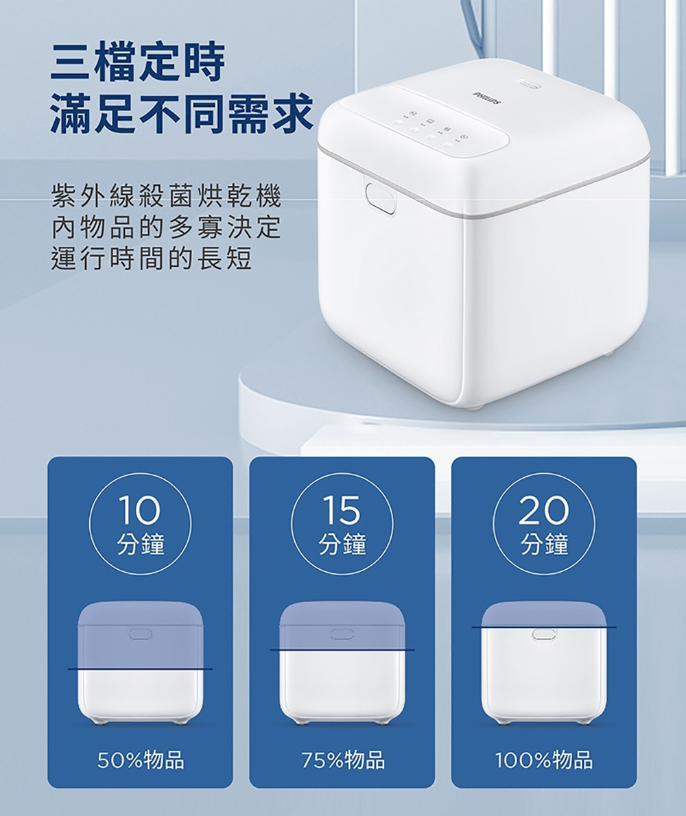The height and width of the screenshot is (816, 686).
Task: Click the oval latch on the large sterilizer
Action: (x=380, y=198)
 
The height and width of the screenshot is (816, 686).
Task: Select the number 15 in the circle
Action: (x=342, y=509)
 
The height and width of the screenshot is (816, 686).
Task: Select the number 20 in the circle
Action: (x=543, y=509)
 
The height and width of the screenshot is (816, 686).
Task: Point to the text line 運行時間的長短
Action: (x=152, y=259)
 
